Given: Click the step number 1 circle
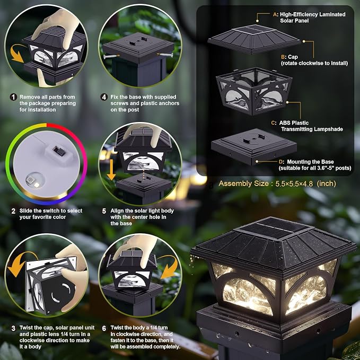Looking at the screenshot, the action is coord(13,97).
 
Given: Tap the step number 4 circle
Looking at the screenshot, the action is coord(104,97).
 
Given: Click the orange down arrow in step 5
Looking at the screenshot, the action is coord(111,170).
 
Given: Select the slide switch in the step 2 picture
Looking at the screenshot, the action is coord(59,151).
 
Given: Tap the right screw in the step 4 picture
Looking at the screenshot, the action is coord(165,55).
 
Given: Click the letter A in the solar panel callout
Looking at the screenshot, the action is coord(275,15).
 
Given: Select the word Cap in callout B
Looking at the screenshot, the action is coord(293,57).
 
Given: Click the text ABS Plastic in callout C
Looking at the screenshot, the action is coord(294,123).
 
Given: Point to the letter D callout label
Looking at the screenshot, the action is coord(281,162).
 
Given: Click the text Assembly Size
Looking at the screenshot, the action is coord(243,183).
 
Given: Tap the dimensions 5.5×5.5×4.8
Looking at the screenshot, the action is coord(294,183).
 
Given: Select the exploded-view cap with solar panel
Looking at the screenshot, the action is coord(254,39).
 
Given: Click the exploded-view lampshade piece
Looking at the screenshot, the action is coord(254,91).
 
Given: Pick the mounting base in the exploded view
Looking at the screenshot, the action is coord(254,146).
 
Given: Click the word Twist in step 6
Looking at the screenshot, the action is coord(118,328).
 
